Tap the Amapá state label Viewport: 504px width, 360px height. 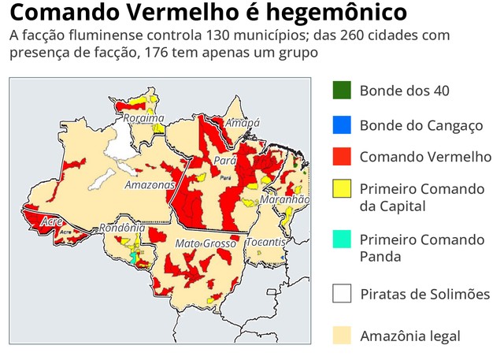point(243,123)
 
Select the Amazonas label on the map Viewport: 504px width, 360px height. point(149,185)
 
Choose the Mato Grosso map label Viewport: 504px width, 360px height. point(205,243)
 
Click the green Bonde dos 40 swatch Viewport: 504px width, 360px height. point(341,90)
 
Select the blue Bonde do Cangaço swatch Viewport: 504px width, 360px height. point(341,125)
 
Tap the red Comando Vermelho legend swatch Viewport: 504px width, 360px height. point(341,156)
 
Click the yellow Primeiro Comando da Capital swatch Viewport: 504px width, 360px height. point(341,189)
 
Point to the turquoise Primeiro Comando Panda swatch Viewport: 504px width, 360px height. point(341,239)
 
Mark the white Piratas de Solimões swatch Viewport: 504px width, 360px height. point(341,294)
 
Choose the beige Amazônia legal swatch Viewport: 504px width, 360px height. point(341,336)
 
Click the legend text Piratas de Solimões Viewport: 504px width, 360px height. point(424,294)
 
